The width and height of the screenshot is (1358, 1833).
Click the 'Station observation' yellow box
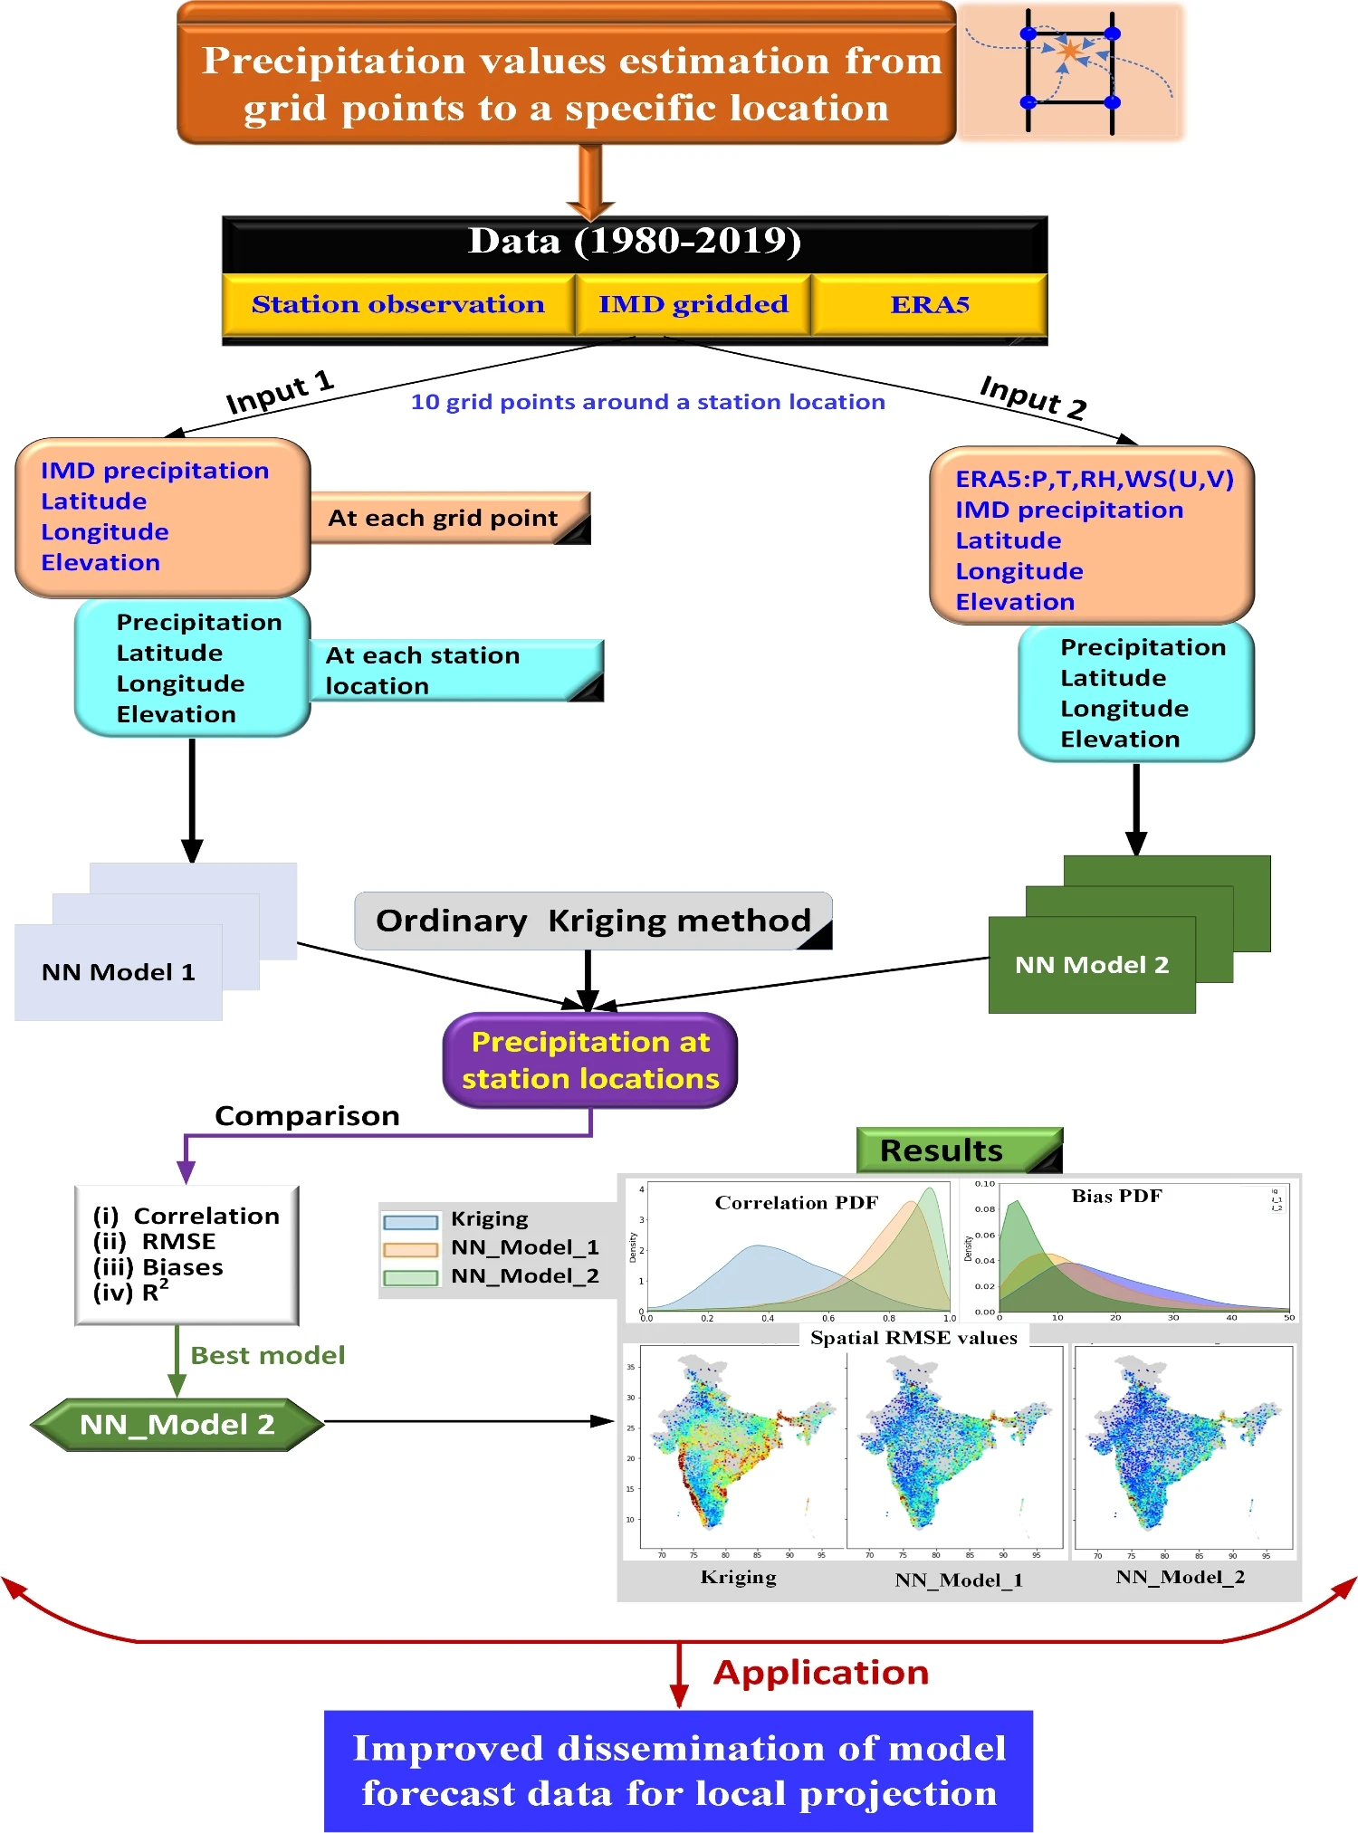click(398, 304)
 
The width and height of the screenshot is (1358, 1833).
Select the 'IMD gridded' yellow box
click(693, 304)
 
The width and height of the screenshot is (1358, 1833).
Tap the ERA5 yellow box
click(930, 304)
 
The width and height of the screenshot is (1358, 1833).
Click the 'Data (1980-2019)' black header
click(634, 242)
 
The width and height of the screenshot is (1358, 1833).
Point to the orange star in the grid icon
click(1070, 51)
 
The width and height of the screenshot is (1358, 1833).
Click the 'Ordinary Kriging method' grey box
click(593, 921)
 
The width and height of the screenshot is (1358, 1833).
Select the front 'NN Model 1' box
click(119, 972)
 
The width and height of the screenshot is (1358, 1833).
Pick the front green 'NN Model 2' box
click(1092, 965)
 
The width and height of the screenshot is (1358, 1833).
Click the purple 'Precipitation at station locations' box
click(590, 1060)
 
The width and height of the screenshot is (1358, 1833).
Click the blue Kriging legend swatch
click(411, 1222)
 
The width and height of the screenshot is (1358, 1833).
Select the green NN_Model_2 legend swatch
click(411, 1278)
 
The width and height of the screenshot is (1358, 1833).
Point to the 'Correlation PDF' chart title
click(797, 1202)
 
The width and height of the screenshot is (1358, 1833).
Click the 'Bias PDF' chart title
click(1116, 1196)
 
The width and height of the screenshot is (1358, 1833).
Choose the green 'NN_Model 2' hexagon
click(177, 1425)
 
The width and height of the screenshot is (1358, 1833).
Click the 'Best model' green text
click(268, 1355)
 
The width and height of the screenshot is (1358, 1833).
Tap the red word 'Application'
click(821, 1673)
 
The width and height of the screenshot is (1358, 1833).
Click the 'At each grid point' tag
click(443, 518)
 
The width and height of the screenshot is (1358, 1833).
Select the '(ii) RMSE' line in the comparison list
click(154, 1241)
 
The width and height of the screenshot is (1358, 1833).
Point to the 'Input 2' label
click(1033, 396)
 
